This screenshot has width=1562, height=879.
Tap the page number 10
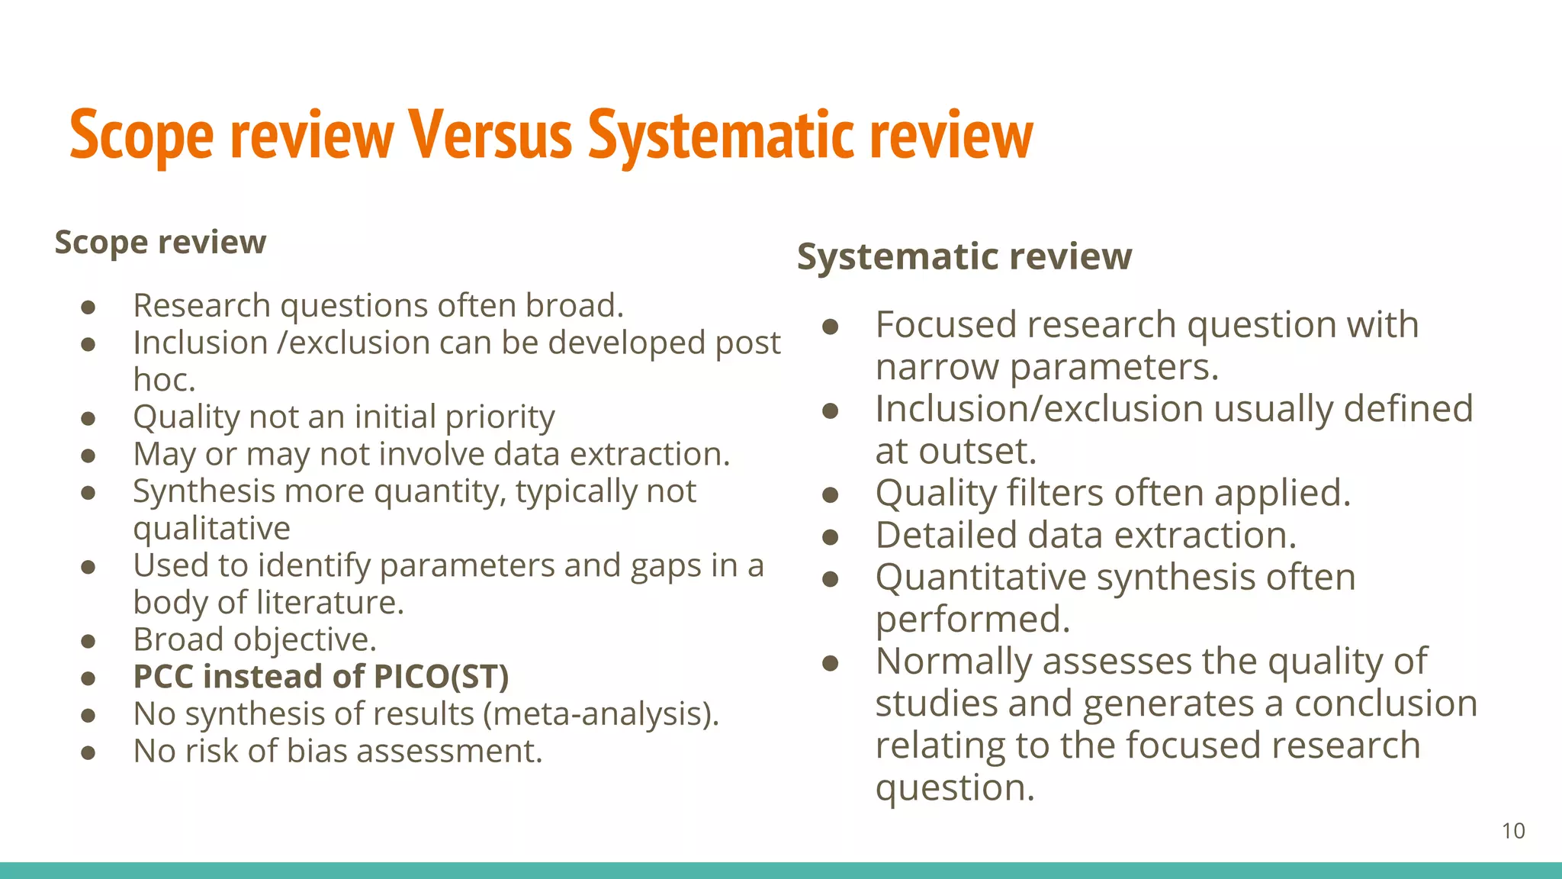coord(1513,831)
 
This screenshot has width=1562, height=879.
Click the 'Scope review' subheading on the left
coord(160,243)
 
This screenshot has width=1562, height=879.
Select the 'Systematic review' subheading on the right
coord(964,256)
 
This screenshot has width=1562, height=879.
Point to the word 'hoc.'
coord(164,380)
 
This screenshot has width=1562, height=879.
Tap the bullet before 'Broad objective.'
coord(88,641)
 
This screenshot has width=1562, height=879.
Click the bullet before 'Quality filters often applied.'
coord(831,495)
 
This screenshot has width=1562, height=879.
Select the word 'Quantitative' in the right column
coord(980,578)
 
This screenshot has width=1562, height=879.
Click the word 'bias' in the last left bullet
coord(318,752)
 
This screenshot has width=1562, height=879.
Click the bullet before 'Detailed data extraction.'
coord(831,537)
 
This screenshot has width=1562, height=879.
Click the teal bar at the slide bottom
coord(781,871)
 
